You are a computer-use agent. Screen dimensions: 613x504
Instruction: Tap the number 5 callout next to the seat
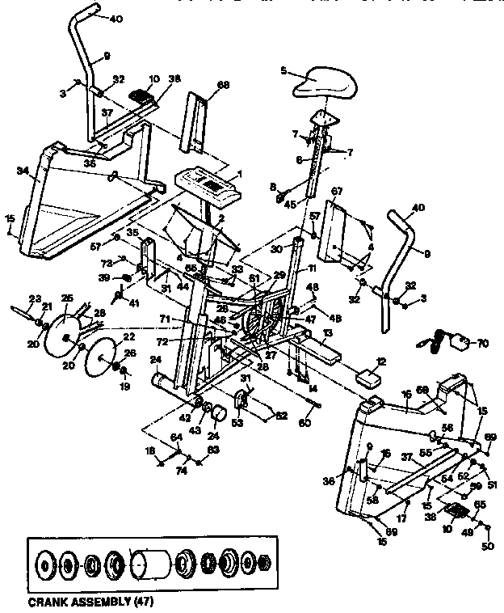283,70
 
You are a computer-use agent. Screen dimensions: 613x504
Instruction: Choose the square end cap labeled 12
370,376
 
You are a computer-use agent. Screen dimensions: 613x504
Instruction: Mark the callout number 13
328,331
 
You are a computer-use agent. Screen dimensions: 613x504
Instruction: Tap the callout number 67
337,191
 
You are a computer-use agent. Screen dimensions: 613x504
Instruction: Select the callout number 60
304,422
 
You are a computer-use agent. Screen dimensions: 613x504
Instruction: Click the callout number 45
288,204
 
